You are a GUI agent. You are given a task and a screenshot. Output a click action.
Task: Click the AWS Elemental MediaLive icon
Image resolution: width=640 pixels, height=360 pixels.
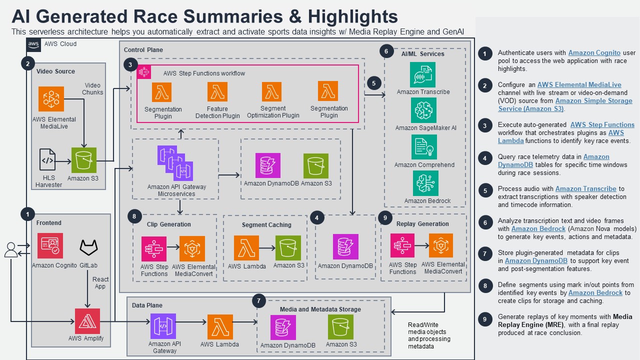(x=51, y=99)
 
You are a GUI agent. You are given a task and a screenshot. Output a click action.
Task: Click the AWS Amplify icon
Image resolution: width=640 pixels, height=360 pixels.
(x=87, y=321)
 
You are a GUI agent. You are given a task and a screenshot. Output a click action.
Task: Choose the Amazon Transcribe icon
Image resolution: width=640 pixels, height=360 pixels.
(x=422, y=74)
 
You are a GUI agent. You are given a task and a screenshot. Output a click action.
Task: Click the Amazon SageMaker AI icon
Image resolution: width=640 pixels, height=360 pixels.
(x=423, y=110)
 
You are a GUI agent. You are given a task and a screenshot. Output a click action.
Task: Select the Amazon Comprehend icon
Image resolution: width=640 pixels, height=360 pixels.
(x=424, y=147)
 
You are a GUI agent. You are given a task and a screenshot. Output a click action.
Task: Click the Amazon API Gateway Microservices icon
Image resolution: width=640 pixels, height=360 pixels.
(x=175, y=163)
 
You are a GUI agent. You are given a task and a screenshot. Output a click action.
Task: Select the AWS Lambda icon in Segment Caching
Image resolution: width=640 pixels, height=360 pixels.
(x=246, y=248)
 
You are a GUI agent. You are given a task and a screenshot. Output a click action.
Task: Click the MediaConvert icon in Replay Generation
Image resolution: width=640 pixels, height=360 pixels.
(x=440, y=246)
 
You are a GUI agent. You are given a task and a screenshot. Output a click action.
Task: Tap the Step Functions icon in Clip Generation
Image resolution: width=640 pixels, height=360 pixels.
(x=154, y=248)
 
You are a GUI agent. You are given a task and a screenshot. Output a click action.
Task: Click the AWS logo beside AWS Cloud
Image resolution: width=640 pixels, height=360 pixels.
(x=33, y=44)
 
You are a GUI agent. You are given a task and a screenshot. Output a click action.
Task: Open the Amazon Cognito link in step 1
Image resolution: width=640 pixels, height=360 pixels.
(x=594, y=52)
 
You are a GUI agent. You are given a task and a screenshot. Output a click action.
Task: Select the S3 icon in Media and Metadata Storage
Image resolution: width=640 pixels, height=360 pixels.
(x=341, y=327)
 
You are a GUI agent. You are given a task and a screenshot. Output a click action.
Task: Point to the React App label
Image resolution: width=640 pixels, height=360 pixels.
(x=100, y=283)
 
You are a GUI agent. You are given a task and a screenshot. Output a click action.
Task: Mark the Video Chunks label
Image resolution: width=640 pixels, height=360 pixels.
(x=92, y=88)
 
